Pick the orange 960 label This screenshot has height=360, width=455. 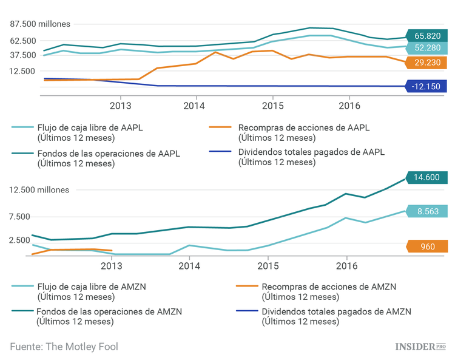pyautogui.click(x=428, y=246)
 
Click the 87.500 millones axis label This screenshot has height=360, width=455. pyautogui.click(x=40, y=24)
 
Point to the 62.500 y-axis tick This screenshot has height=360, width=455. pyautogui.click(x=24, y=41)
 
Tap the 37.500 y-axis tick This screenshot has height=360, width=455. pyautogui.click(x=24, y=55)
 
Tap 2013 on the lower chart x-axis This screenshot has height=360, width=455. pyautogui.click(x=111, y=265)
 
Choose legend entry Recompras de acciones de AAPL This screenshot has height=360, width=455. pyautogui.click(x=303, y=132)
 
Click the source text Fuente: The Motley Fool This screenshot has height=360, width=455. pyautogui.click(x=64, y=347)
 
